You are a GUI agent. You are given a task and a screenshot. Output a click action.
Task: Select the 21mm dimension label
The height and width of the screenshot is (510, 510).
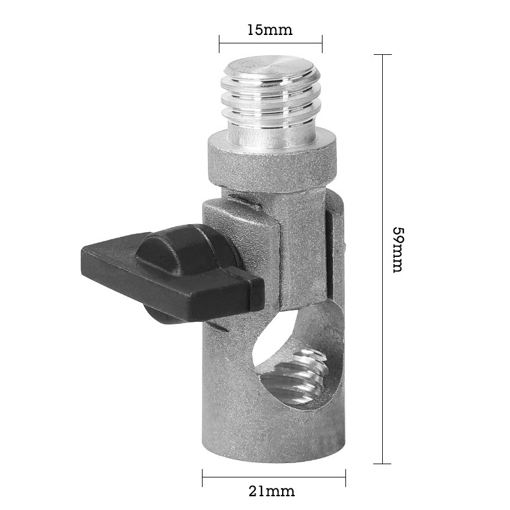point(272,491)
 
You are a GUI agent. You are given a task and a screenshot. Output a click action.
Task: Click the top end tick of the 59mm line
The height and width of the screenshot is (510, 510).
point(383,55)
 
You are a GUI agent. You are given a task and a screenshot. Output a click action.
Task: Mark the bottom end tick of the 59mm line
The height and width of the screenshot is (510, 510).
point(383,464)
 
